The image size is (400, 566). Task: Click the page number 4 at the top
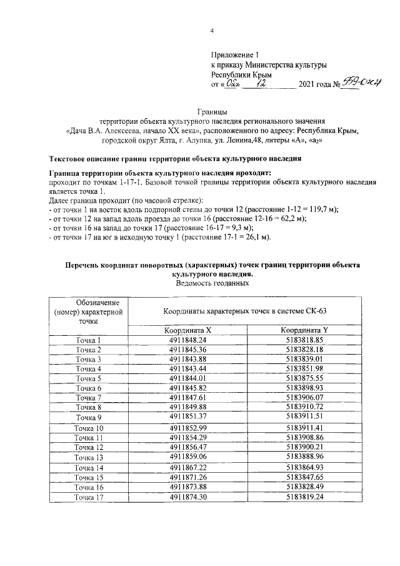(x=211, y=32)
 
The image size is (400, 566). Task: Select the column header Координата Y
(x=304, y=330)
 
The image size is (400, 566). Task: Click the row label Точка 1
(x=88, y=340)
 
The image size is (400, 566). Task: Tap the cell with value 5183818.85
(x=304, y=340)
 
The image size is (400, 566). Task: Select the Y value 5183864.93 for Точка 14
(x=304, y=467)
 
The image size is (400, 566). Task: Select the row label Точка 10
(x=88, y=428)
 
